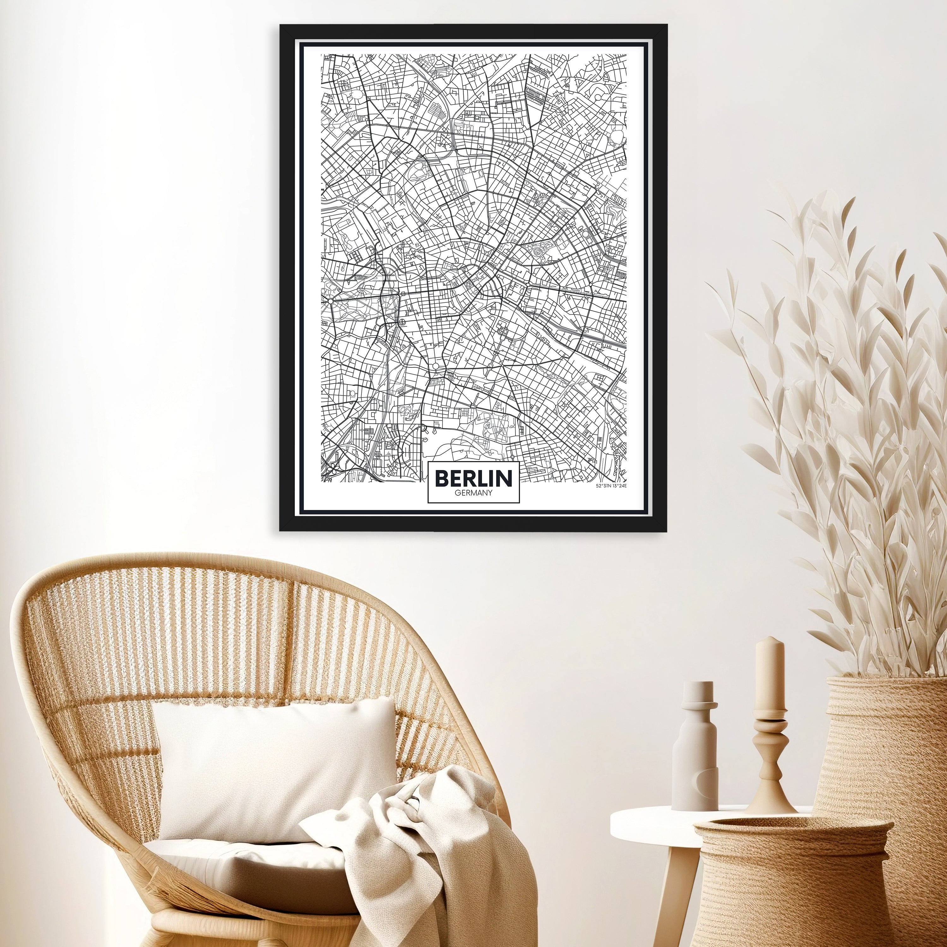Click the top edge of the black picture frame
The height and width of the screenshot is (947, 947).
(473, 30)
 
